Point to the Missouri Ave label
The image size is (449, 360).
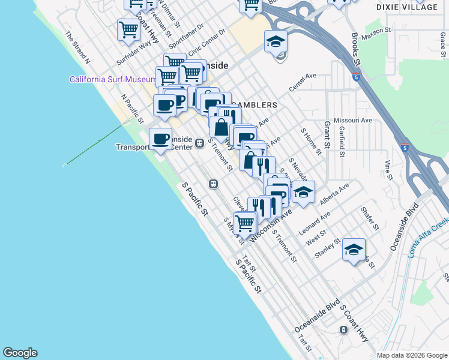pos(353,120)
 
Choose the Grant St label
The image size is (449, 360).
pos(328,135)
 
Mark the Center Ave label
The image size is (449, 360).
pos(302,83)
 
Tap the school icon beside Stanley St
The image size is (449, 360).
pos(354,248)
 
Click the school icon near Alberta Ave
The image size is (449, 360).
pos(303,191)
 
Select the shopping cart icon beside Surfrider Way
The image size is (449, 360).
pos(128,29)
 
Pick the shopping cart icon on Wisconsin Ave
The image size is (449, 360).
pos(244,223)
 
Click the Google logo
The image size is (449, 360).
pos(20,353)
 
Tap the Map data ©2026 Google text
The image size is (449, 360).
pos(411,355)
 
